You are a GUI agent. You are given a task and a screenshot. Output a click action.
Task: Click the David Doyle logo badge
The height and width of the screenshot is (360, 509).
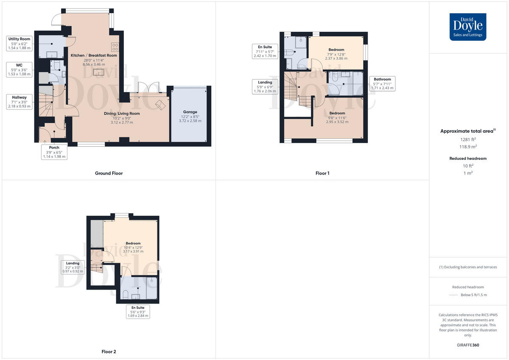click(x=468, y=27)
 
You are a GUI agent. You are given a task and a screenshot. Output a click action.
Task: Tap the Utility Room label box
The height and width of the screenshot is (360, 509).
click(x=20, y=44)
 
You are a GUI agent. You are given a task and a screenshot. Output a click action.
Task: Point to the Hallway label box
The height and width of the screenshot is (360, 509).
click(x=20, y=102)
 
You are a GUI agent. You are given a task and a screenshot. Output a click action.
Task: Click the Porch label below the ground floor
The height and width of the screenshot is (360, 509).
click(x=54, y=151)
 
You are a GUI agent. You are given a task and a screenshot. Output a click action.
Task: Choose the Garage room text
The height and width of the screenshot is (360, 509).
click(x=190, y=117)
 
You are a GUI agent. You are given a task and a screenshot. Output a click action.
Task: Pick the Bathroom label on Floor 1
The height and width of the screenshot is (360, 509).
click(x=382, y=84)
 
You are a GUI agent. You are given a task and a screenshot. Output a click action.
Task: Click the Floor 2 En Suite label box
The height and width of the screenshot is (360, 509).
click(x=138, y=312)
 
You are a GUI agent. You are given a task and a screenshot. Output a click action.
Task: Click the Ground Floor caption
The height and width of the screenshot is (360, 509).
click(x=109, y=173)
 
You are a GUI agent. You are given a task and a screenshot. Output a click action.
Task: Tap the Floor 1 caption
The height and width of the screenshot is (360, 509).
click(x=322, y=173)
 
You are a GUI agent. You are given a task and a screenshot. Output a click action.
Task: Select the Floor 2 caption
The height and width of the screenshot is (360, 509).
click(x=109, y=352)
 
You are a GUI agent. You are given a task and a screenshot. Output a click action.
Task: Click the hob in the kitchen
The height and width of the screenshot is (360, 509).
click(x=115, y=47)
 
